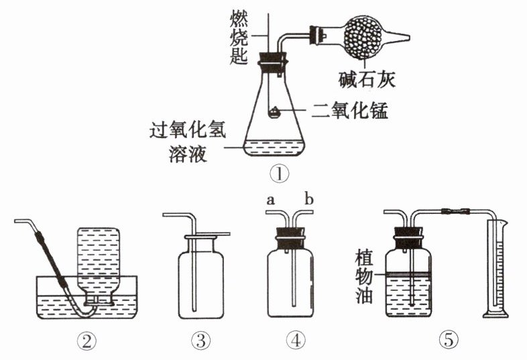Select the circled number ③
click(x=200, y=341)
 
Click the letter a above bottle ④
click(x=271, y=199)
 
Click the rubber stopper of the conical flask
click(x=273, y=60)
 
